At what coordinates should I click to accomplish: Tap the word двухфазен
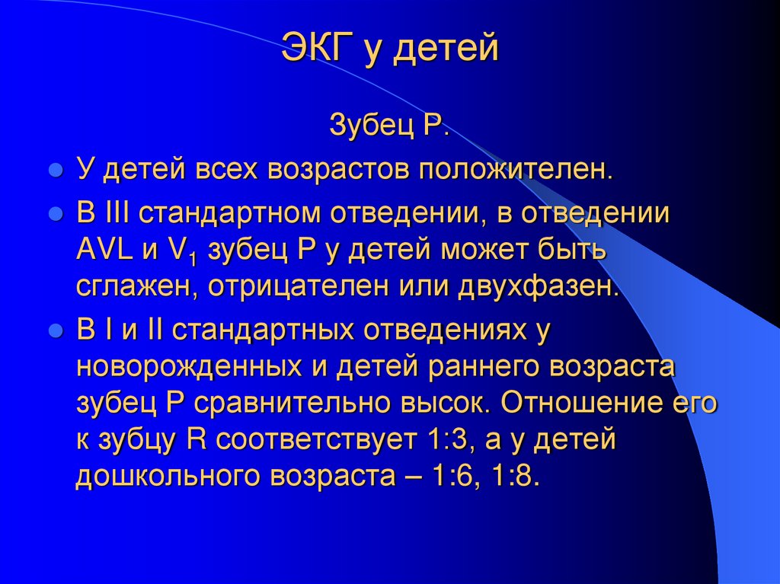[536, 286]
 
